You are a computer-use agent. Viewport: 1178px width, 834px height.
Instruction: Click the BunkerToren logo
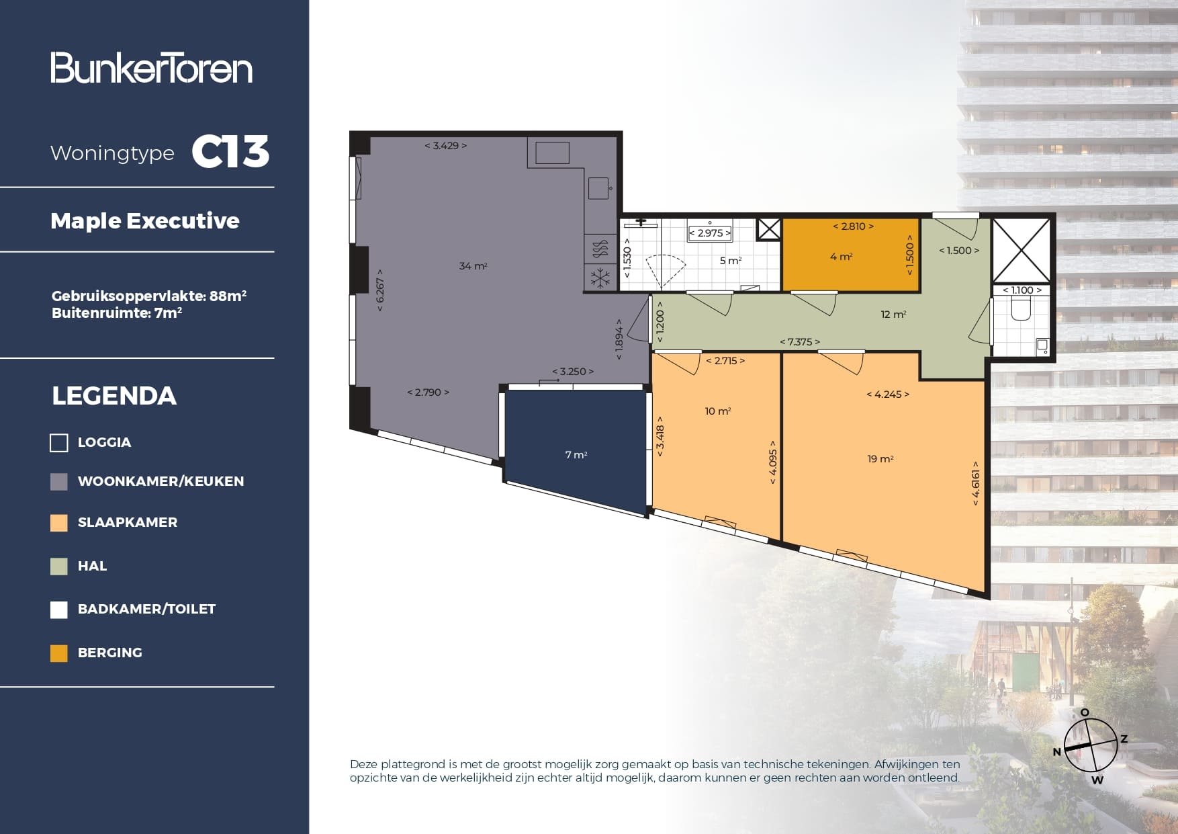(151, 68)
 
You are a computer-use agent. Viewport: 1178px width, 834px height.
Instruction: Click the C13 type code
(230, 152)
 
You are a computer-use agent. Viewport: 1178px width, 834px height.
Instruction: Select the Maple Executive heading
(144, 220)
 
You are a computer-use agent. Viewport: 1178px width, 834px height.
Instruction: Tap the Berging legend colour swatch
(59, 653)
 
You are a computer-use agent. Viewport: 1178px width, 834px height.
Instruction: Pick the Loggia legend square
(59, 442)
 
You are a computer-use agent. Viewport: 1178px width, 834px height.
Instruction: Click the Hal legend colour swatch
(59, 567)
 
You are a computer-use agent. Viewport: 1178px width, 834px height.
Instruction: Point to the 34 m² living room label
(473, 266)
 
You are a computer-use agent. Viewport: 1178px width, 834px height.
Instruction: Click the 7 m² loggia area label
(576, 455)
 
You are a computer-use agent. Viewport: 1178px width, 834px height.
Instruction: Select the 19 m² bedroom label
(880, 459)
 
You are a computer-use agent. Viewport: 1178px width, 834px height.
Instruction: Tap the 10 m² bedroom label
(717, 411)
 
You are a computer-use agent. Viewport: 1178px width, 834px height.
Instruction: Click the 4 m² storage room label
(841, 257)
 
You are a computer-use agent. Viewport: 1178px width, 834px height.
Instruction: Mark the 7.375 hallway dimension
(800, 342)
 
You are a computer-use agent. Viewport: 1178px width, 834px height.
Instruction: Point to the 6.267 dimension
(380, 294)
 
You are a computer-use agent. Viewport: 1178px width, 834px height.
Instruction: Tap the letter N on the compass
(1056, 751)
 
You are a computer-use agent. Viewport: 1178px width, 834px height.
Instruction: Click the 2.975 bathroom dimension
(710, 233)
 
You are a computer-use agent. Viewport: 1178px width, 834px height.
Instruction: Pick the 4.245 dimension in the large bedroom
(888, 394)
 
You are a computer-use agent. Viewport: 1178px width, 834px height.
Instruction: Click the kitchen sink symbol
(598, 188)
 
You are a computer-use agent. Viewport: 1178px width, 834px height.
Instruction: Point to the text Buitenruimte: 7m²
(117, 312)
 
